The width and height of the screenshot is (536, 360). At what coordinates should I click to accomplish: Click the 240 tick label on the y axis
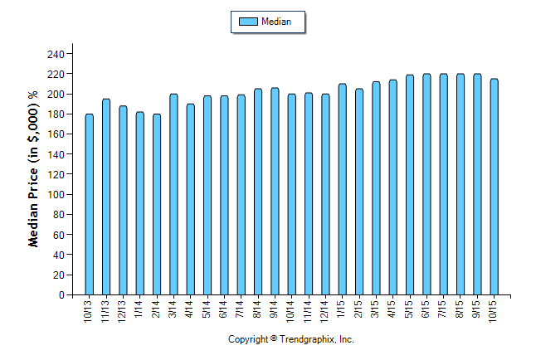(56, 54)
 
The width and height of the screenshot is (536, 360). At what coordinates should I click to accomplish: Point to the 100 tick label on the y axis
(56, 194)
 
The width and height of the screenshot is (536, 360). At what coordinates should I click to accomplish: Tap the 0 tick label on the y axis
(62, 294)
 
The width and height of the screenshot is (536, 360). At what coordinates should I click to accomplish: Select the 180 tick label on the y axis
(56, 114)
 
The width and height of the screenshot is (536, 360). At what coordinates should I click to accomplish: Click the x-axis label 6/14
(224, 309)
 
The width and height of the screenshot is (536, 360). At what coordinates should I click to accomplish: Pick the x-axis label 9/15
(477, 309)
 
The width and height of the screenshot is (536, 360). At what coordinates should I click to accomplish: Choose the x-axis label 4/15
(392, 309)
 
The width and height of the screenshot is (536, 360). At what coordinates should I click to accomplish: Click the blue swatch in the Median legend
(247, 22)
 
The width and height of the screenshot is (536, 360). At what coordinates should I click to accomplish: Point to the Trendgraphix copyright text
(291, 340)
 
